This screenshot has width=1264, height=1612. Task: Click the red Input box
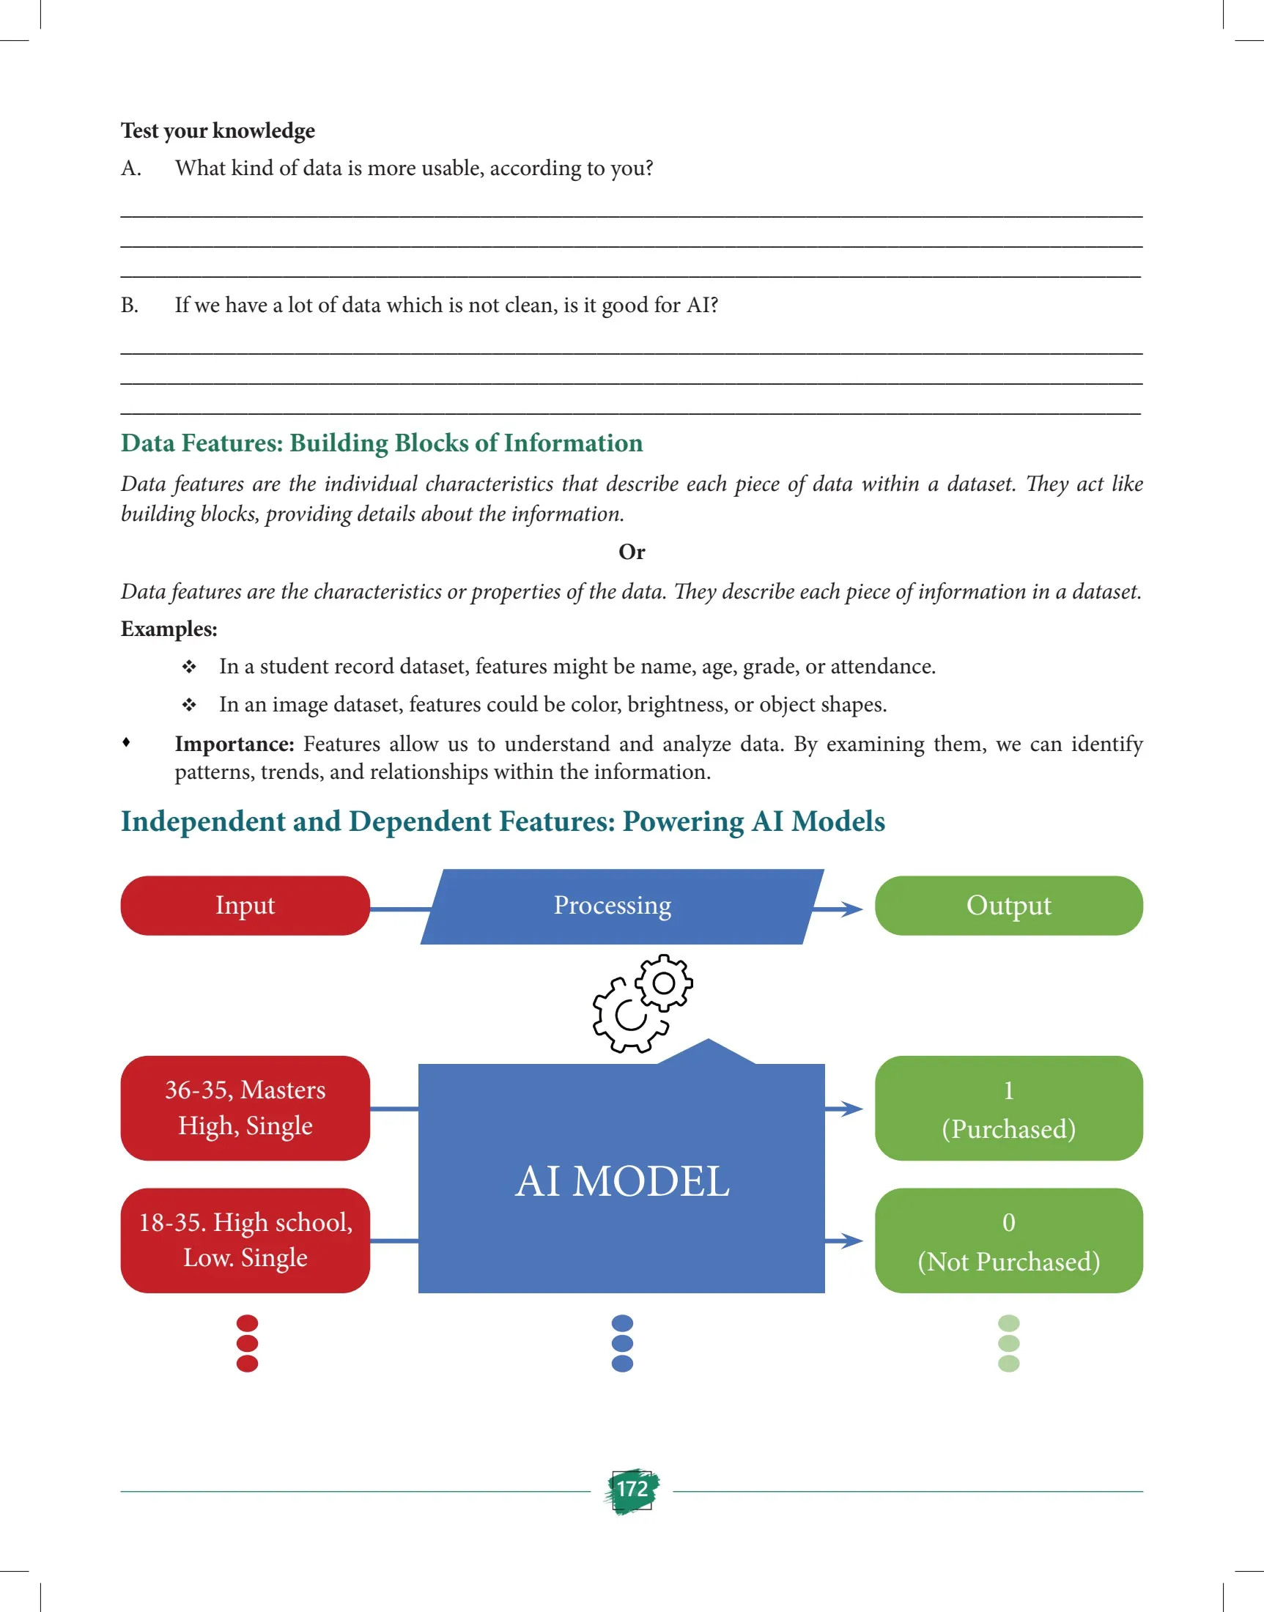(x=245, y=905)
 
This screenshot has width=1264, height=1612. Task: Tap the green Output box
(x=1008, y=905)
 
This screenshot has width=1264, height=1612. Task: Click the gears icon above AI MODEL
(x=642, y=1003)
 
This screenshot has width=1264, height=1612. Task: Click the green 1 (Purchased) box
(x=1008, y=1108)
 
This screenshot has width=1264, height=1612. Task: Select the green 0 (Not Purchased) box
(x=1008, y=1241)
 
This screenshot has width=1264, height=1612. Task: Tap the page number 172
(x=632, y=1489)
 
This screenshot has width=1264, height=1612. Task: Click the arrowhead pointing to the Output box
(x=851, y=909)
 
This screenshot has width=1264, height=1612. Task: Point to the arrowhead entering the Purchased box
(x=851, y=1108)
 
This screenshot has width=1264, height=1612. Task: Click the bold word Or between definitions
(x=631, y=552)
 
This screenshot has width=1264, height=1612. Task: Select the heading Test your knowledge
(x=218, y=130)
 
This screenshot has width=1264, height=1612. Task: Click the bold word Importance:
(x=234, y=744)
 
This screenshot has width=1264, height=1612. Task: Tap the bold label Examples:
(x=169, y=629)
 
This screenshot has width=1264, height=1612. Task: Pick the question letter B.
(x=130, y=306)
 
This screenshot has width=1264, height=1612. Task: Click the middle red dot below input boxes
(x=247, y=1342)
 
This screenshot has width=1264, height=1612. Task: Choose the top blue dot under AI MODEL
(x=622, y=1323)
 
